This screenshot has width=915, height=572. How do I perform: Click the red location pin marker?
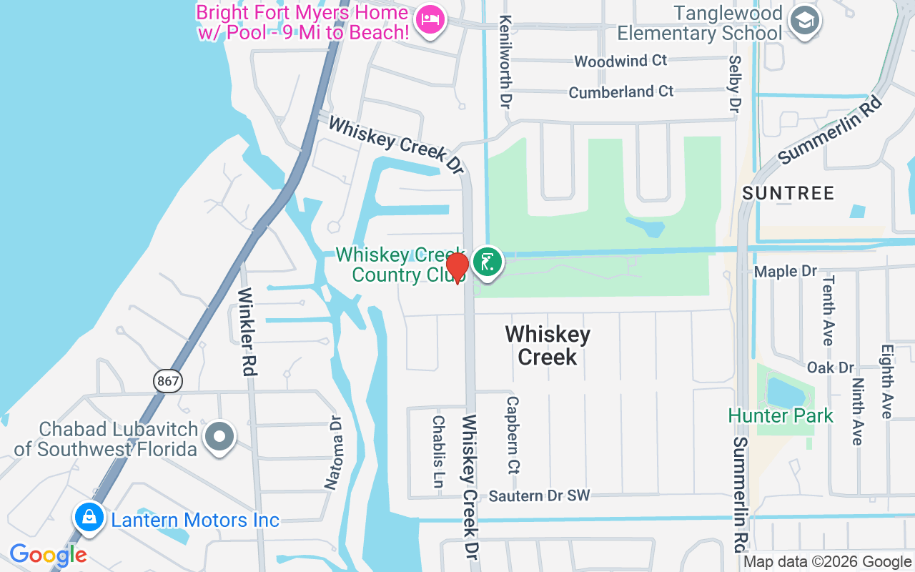457,267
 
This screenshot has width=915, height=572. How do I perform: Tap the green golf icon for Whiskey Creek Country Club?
488,262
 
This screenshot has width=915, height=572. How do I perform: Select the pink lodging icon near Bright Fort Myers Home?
430,19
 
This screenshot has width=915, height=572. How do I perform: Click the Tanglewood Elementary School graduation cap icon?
804,21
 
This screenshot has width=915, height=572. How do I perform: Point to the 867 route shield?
167,381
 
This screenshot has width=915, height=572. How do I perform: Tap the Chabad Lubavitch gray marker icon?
219,436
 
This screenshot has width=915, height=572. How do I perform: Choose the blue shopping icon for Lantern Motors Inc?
89,517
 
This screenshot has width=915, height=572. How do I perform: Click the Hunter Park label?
781,415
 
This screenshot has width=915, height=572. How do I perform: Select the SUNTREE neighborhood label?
788,193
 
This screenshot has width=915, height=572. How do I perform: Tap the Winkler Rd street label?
248,332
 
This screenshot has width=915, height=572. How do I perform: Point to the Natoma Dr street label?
334,453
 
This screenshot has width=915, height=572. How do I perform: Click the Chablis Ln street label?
438,452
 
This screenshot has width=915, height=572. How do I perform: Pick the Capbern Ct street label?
513,435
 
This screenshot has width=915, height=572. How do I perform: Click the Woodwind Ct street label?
620,61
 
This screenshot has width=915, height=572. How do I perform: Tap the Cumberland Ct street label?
620,92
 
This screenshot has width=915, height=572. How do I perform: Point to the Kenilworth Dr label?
506,61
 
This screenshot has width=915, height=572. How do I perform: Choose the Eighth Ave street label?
886,382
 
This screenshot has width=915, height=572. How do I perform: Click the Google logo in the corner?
48,555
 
